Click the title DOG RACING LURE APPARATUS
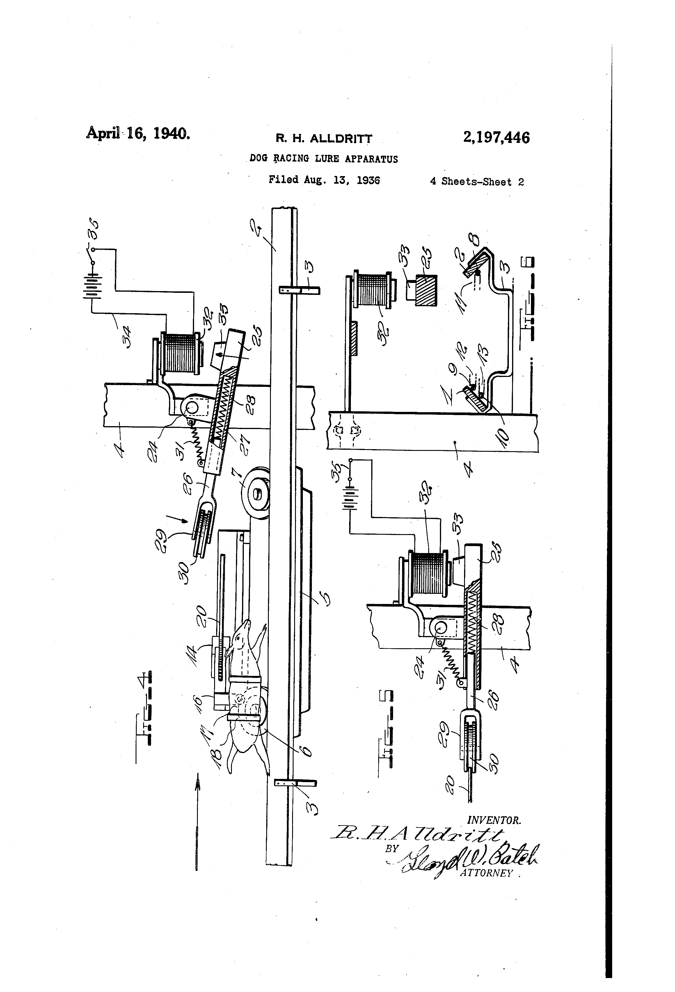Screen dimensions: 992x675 [x=324, y=159]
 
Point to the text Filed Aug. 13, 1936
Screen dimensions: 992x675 [x=324, y=180]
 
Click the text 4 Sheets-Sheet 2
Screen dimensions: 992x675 [x=477, y=182]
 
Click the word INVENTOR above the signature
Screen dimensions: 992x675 [x=494, y=820]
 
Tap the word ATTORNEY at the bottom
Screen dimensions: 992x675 [x=486, y=873]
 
